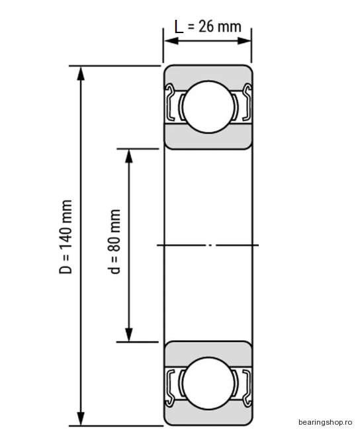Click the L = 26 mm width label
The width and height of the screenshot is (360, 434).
point(208,27)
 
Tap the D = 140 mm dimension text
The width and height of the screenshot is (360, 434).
point(66,237)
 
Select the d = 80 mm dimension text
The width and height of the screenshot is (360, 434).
point(114,241)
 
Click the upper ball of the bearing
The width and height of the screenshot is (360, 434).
point(208,107)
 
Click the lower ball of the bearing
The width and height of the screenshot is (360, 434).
point(208,383)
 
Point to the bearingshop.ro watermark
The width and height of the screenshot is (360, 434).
point(325,422)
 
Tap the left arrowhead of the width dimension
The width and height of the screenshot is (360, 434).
point(171,41)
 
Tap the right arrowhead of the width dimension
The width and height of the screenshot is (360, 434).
point(244,41)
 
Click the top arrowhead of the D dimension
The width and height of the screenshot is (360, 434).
point(81,73)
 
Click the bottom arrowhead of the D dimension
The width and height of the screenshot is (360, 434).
point(81,418)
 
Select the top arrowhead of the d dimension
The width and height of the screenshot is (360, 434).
point(129,156)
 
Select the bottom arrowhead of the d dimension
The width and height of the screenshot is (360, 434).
point(129,335)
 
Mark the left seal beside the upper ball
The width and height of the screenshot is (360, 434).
point(169,103)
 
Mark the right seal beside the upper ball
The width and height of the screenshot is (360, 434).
point(247,103)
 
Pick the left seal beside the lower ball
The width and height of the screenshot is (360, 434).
point(169,388)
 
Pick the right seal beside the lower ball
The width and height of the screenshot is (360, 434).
point(247,388)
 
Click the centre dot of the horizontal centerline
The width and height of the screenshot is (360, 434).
point(210,245)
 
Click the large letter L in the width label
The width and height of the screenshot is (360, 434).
point(179,27)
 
